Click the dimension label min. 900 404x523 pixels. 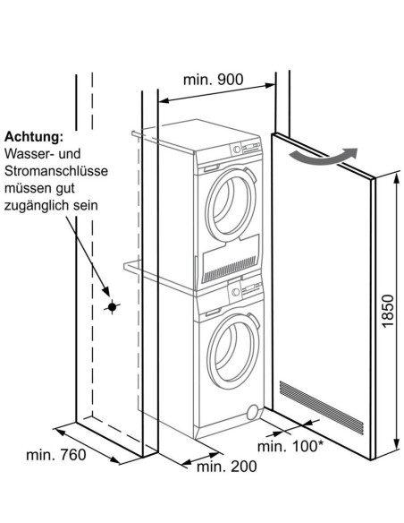[213, 79]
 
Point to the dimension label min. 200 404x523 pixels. [225, 467]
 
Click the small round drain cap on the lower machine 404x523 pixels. [254, 410]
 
